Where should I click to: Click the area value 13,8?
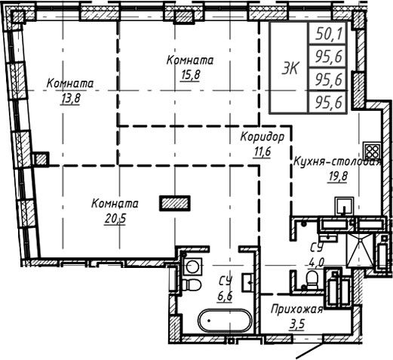[63, 97]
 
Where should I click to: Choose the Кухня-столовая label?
[336, 162]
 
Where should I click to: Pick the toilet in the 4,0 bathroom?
[311, 281]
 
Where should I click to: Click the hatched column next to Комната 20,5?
[175, 202]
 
